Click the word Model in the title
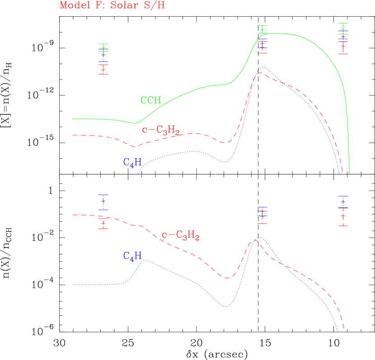73,5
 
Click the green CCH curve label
151,100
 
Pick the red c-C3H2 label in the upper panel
161,131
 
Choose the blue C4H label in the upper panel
132,163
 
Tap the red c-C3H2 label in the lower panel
181,235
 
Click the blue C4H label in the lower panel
132,256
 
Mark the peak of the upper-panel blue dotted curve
262,67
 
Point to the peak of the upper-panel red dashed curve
259,72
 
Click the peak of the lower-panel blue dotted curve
259,237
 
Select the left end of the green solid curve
72,118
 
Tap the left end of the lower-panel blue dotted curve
72,285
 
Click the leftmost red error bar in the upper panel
103,70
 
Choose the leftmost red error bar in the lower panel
103,223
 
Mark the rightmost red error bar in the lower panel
343,216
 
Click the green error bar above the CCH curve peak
262,30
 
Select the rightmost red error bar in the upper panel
343,46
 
